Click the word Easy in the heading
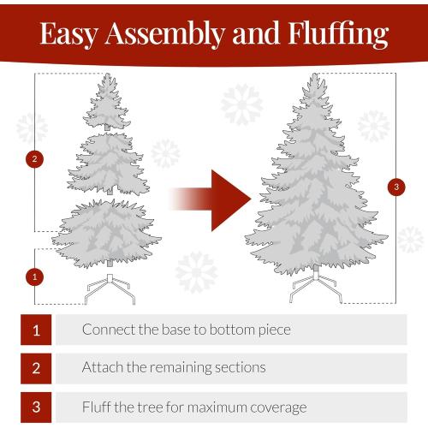coord(69,34)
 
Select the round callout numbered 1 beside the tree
coord(35,276)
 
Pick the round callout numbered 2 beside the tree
coord(35,158)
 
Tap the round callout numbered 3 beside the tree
coord(395,186)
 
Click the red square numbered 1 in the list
coord(36,329)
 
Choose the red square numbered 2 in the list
coord(36,368)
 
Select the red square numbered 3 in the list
coord(36,407)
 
